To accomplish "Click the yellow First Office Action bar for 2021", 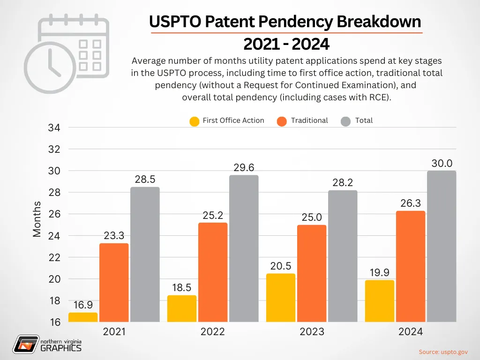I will (83, 317).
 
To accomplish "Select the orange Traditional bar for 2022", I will (213, 272).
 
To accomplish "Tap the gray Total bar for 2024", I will (441, 246).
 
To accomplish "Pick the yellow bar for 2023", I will (280, 298).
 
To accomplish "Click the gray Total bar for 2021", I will (145, 255).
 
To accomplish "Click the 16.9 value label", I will (83, 305).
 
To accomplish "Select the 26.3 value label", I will (410, 204).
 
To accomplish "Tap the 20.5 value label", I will (280, 266).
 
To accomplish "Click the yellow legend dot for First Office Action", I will (194, 121).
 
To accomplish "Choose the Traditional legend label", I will (309, 120).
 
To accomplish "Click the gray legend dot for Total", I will (346, 121).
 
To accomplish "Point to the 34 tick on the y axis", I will (54, 127).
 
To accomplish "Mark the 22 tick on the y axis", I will (54, 257).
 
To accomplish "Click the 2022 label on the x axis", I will (213, 332).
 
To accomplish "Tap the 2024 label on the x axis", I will (410, 332).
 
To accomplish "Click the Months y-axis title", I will (37, 219).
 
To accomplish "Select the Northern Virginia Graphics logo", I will (47, 344).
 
